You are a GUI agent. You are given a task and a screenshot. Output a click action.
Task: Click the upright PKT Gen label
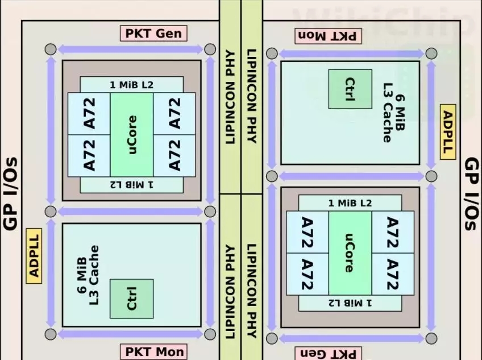pos(153,34)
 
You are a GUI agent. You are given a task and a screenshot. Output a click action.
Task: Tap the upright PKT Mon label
pos(153,351)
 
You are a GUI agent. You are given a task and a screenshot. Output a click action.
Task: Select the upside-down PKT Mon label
pos(329,35)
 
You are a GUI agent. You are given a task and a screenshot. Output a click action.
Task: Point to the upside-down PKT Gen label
pos(329,354)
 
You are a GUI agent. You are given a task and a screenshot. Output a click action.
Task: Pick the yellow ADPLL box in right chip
pos(448,131)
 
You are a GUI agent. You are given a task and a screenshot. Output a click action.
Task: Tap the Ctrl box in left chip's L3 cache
pos(131,299)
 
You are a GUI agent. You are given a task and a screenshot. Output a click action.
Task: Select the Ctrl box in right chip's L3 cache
pos(350,89)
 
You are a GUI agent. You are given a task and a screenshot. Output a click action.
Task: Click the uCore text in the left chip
pos(131,135)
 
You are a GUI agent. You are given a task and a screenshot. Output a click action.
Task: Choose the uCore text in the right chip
pos(350,253)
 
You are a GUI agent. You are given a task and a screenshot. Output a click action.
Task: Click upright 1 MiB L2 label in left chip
pos(131,85)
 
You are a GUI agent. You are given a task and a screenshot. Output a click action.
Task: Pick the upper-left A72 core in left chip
pos(89,114)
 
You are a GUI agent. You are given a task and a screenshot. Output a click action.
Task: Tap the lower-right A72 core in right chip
pos(392,274)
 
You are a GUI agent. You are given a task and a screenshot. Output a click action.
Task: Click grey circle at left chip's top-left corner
pos(51,49)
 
